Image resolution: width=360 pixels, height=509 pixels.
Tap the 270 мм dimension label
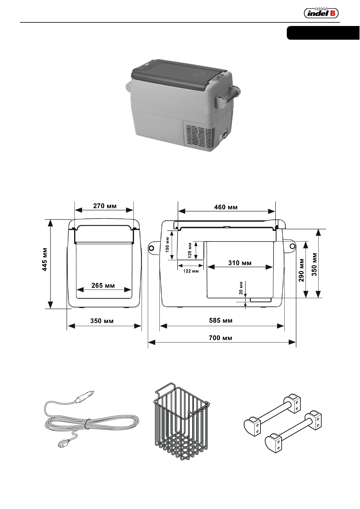(105, 206)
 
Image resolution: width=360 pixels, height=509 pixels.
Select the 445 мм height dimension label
(44, 259)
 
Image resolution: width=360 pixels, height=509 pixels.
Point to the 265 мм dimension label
(103, 285)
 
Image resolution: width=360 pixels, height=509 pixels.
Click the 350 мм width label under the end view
(102, 321)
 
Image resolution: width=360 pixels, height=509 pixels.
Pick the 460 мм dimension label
(226, 207)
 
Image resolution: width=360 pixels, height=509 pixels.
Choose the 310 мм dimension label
(240, 263)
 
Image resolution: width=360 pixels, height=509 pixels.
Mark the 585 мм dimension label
(221, 320)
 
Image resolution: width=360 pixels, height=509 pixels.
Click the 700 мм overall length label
(221, 338)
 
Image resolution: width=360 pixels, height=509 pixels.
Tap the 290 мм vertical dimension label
(301, 270)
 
